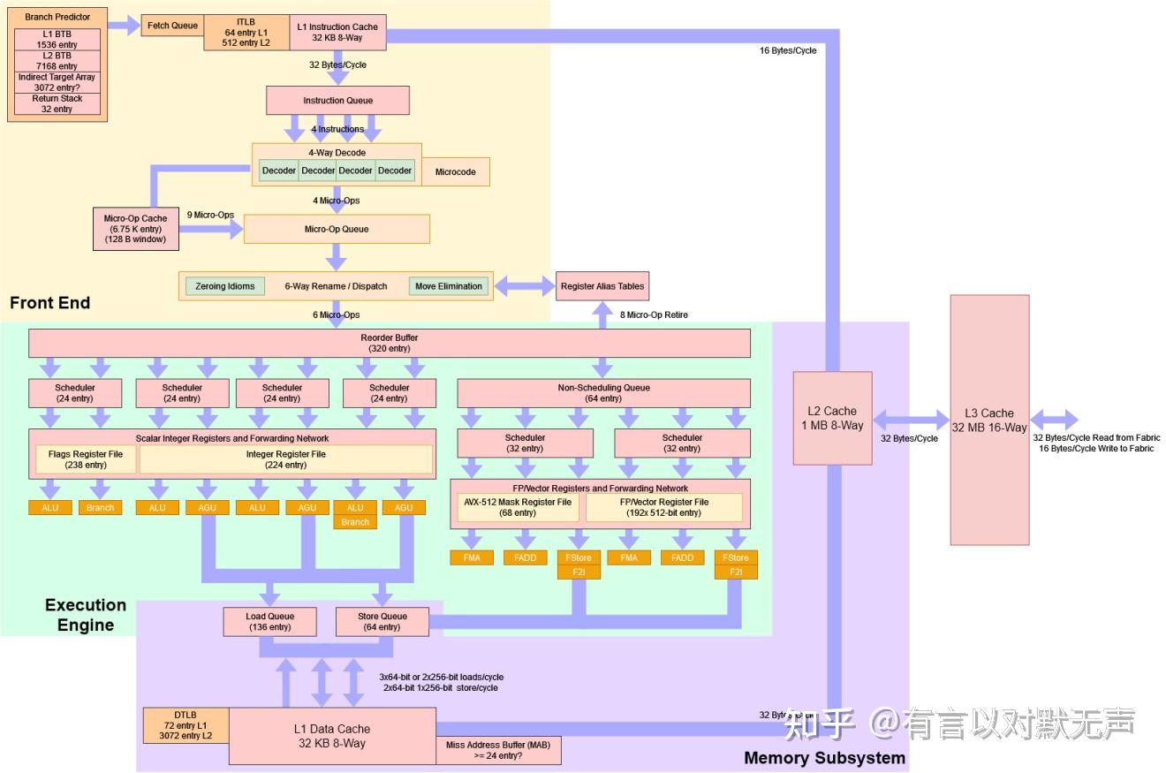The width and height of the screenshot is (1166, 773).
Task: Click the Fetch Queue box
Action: [172, 26]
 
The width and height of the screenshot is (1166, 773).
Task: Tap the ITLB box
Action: [246, 32]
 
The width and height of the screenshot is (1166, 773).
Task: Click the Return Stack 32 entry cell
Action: [57, 104]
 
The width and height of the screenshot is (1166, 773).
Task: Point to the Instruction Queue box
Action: [337, 101]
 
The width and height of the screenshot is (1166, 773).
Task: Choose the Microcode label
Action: [455, 171]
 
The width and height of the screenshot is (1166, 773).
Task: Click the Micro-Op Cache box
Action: [135, 229]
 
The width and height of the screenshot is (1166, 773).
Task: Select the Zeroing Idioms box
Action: [225, 286]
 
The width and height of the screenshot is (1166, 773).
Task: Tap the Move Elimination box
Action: [449, 286]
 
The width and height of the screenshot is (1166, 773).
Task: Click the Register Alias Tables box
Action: [602, 286]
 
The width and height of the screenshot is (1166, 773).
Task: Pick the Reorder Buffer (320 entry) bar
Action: [390, 343]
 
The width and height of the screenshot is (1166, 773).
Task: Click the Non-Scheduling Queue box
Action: [603, 393]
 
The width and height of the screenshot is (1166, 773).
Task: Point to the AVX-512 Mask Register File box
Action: [518, 507]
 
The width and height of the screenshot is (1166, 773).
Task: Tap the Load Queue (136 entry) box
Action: [269, 622]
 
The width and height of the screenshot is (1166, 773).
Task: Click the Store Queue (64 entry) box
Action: [382, 622]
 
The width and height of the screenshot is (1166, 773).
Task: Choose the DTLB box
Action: [185, 724]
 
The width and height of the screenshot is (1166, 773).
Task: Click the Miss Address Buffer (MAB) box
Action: [498, 751]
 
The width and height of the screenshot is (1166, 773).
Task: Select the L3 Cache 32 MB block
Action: [989, 420]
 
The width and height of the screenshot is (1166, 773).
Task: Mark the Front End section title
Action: [50, 303]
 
